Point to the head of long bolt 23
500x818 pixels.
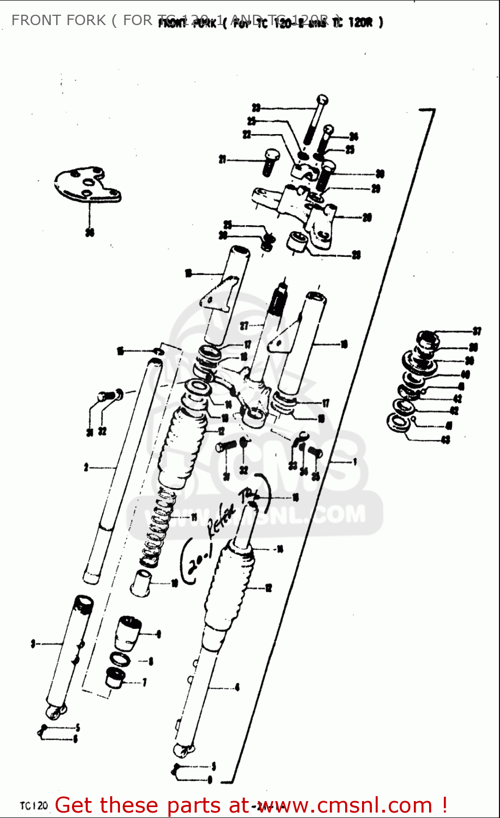pyautogui.click(x=322, y=101)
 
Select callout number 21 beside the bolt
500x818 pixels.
pyautogui.click(x=222, y=160)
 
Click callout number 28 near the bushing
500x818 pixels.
pyautogui.click(x=356, y=255)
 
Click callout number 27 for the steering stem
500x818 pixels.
pyautogui.click(x=244, y=326)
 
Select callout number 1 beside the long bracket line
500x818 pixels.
pyautogui.click(x=354, y=462)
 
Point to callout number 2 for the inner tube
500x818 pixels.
pyautogui.click(x=86, y=467)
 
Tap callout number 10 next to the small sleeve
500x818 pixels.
pyautogui.click(x=174, y=584)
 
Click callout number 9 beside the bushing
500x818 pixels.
pyautogui.click(x=158, y=634)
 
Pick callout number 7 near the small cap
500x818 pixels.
pyautogui.click(x=144, y=682)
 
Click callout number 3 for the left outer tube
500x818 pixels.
pyautogui.click(x=33, y=644)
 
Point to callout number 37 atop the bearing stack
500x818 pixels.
pyautogui.click(x=477, y=331)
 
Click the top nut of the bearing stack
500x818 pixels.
pyautogui.click(x=428, y=338)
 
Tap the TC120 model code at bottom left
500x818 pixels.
pyautogui.click(x=34, y=805)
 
